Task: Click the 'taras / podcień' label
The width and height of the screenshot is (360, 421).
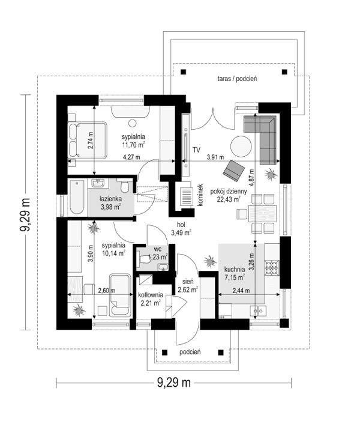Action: coord(238,79)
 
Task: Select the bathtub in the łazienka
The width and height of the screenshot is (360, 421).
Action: coord(77,197)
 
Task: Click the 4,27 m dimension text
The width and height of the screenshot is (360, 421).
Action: coord(131,157)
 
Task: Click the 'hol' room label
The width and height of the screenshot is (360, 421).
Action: coord(181,224)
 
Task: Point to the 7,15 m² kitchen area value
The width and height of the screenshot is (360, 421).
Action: coord(235,277)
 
